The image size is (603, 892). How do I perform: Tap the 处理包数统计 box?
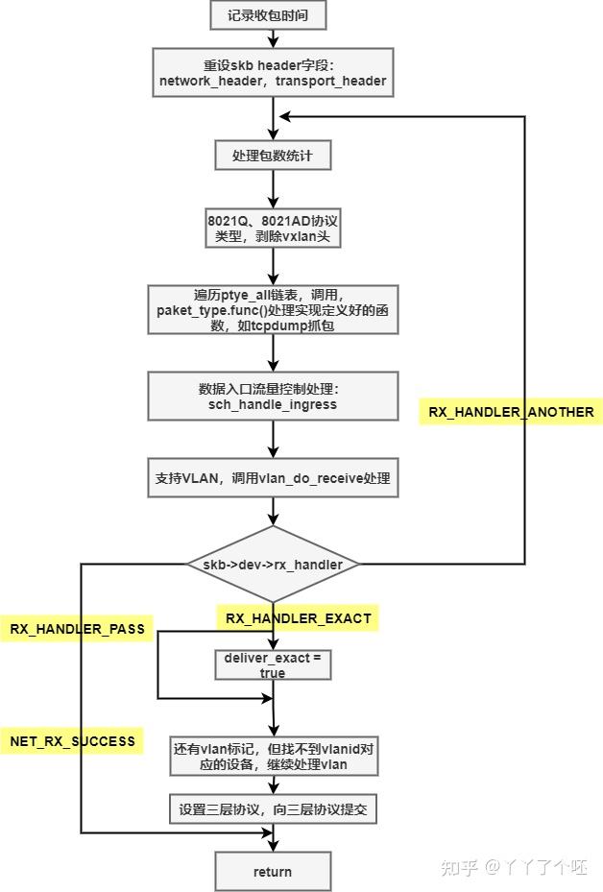273,156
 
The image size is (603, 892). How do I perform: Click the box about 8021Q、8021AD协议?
273,226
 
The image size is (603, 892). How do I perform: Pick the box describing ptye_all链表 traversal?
273,309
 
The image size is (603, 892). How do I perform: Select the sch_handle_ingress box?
273,397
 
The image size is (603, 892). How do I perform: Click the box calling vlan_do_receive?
273,477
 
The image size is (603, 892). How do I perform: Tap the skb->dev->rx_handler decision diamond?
273,564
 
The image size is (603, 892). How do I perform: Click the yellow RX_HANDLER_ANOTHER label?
511,412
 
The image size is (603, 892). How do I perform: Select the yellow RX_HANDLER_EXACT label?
298,618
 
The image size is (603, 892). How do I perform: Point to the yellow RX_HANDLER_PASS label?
77,629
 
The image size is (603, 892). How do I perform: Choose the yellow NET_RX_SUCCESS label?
72,741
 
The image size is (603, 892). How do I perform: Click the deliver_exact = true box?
273,664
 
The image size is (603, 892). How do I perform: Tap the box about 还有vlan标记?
273,757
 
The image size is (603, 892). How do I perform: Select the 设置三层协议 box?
273,809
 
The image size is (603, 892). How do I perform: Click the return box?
273,871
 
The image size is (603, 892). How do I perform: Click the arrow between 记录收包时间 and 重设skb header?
274,37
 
